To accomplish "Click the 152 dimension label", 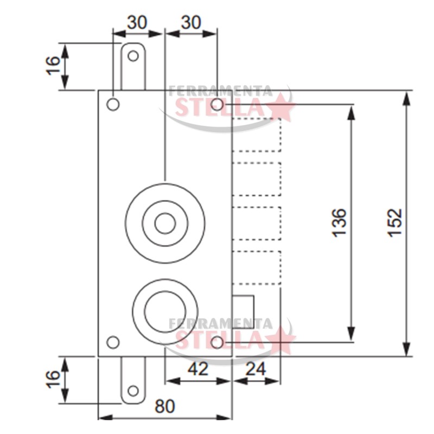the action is (x=394, y=222).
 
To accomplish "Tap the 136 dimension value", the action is (x=339, y=223).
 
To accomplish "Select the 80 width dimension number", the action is (x=165, y=406).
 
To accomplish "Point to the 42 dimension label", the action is (x=198, y=369).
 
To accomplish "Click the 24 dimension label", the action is (x=256, y=369).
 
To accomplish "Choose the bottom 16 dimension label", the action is (x=53, y=379).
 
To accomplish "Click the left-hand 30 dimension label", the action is (x=137, y=22).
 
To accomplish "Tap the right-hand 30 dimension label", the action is (x=191, y=22).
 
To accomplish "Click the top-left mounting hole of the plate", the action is (x=113, y=105).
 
